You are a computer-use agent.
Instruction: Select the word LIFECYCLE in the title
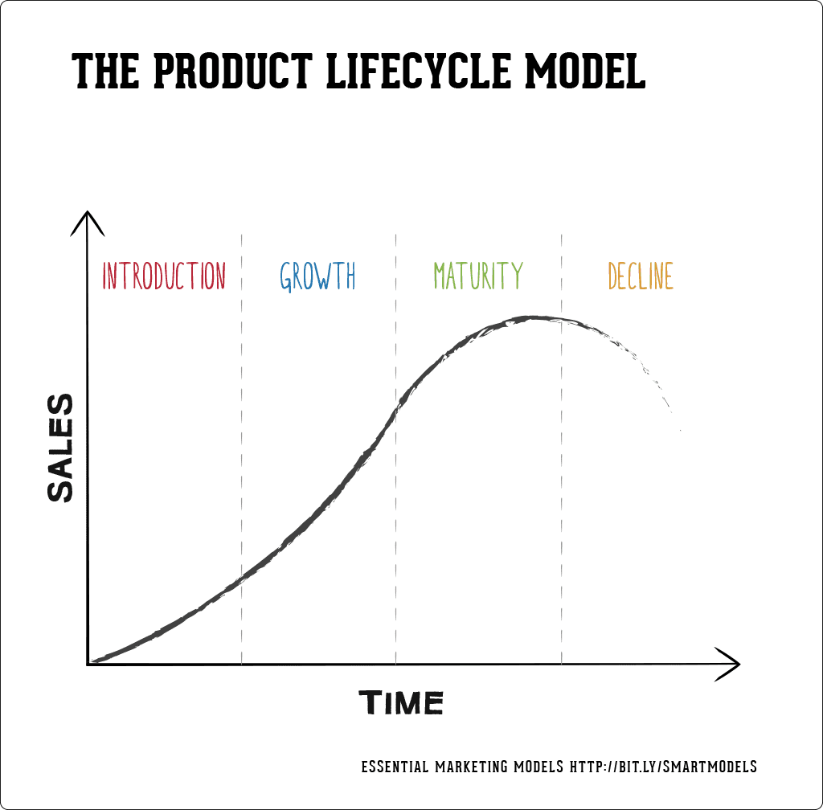(x=419, y=72)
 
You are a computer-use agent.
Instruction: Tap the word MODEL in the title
(x=585, y=72)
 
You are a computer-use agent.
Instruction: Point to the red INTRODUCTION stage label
(x=164, y=276)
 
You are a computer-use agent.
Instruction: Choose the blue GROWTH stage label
(x=317, y=276)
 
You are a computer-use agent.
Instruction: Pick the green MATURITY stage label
(x=478, y=276)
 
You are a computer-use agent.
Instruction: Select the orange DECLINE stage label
(x=641, y=276)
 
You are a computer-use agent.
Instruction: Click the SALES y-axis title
(x=60, y=448)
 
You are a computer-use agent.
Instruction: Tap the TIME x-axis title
(x=401, y=703)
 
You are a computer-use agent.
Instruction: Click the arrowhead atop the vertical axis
(x=88, y=219)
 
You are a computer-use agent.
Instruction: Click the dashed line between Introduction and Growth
(x=242, y=450)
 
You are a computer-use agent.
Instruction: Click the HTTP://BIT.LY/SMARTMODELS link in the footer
(x=663, y=767)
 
